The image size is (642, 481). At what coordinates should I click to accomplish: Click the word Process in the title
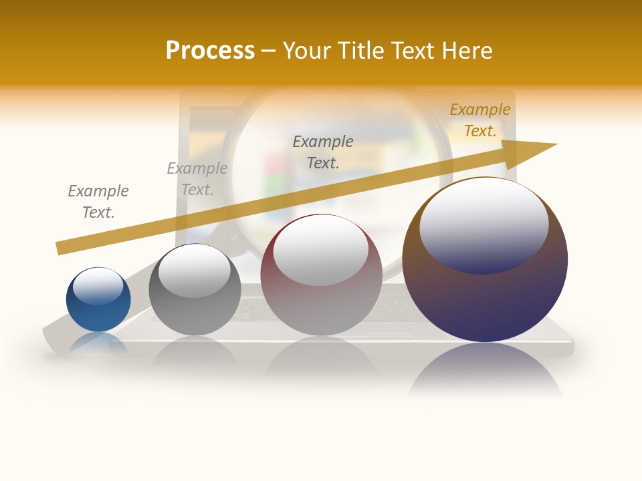[x=210, y=51]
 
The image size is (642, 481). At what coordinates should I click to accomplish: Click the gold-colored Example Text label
[x=479, y=120]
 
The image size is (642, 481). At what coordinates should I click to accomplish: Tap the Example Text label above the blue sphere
[x=98, y=201]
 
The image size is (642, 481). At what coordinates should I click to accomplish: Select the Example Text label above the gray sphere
[x=197, y=178]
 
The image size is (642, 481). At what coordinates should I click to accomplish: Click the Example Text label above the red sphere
[x=323, y=152]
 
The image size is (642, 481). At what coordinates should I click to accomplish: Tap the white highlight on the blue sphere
[x=98, y=285]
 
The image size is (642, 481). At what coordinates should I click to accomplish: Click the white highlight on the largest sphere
[x=484, y=224]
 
